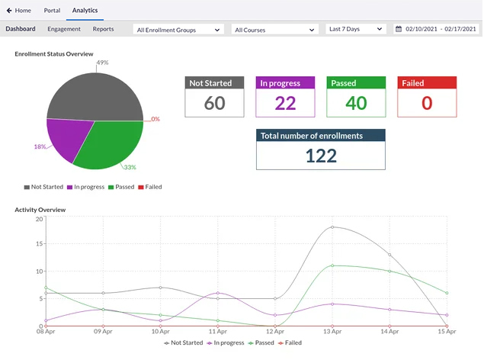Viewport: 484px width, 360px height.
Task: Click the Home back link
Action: pos(18,11)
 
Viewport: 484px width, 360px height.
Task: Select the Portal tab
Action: pos(53,11)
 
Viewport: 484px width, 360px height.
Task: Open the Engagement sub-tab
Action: pos(64,29)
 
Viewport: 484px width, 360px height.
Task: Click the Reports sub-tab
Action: pos(103,29)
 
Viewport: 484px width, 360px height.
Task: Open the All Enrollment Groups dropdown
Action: pos(178,30)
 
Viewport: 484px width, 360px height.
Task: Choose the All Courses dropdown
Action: pos(274,30)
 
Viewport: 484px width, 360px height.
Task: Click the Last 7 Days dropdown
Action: pos(355,29)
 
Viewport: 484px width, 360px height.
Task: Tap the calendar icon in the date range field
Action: pos(399,29)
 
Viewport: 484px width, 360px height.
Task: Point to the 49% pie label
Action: pos(102,63)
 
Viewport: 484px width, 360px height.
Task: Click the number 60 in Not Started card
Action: pos(215,103)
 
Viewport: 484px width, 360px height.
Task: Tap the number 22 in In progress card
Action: pos(285,103)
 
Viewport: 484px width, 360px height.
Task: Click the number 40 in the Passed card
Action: pos(356,103)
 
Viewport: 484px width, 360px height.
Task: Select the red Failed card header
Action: pos(427,83)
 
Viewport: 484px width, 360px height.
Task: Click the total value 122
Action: pos(320,156)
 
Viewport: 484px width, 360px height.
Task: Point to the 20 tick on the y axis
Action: pos(39,219)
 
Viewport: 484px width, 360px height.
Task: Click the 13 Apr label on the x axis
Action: pos(332,333)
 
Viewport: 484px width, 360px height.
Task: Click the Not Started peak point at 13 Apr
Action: pos(332,227)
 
